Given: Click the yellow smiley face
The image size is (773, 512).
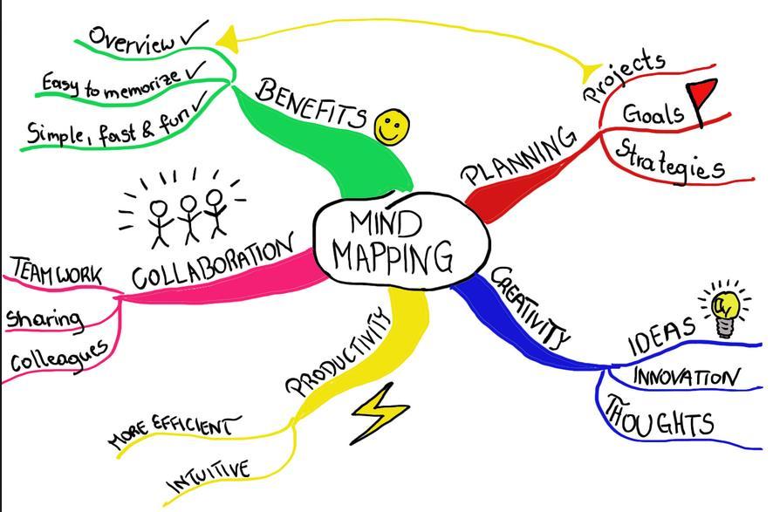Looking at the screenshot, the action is coord(392,126).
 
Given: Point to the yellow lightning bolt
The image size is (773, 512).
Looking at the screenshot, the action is coord(380,413).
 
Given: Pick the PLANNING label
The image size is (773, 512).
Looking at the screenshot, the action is coord(518,156).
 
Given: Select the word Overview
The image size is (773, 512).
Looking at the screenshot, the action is coord(132,39).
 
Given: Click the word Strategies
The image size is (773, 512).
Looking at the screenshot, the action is coord(669,161).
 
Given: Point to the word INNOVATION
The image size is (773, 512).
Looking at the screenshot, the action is coord(687,378).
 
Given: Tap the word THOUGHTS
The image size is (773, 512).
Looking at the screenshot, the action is coord(660,418).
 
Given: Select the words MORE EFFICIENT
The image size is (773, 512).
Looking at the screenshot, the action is coord(174,430).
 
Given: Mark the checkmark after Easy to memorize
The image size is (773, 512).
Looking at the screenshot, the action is coord(196,71).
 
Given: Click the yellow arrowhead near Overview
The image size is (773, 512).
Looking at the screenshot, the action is coord(228,39).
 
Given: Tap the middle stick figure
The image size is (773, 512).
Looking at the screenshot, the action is coord(188,218).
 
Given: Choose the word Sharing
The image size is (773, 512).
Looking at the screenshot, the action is coord(44,319).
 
